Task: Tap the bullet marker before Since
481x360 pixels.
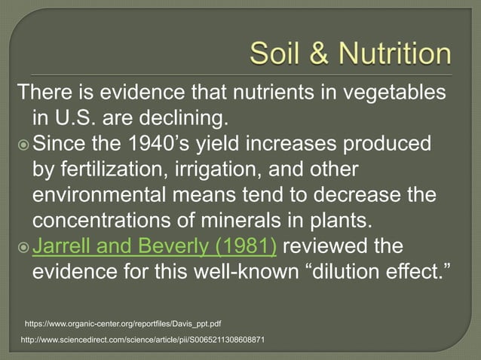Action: tap(23, 144)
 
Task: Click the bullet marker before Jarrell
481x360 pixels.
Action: tap(23, 247)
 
